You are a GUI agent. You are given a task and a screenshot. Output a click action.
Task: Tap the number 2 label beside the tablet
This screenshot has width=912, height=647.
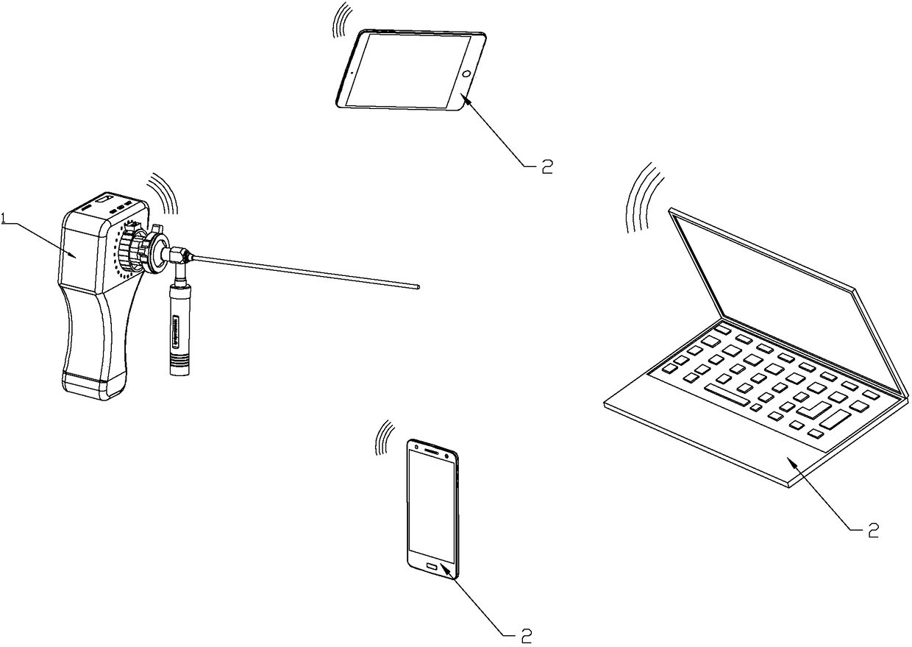point(546,166)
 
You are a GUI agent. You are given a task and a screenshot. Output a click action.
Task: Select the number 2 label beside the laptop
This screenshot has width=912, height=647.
point(872,530)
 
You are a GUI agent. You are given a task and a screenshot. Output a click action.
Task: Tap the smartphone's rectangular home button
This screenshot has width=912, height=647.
point(432,567)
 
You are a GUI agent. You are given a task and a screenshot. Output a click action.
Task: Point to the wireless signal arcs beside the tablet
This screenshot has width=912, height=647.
point(341,20)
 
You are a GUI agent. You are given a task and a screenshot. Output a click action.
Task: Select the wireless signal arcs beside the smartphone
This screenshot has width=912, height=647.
point(383,439)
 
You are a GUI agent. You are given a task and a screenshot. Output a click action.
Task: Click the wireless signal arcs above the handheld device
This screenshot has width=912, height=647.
point(163,193)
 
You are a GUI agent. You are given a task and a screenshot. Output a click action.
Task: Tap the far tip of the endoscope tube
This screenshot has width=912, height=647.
point(417,287)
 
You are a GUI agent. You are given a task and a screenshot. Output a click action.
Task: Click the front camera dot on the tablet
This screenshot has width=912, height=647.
point(352,72)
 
